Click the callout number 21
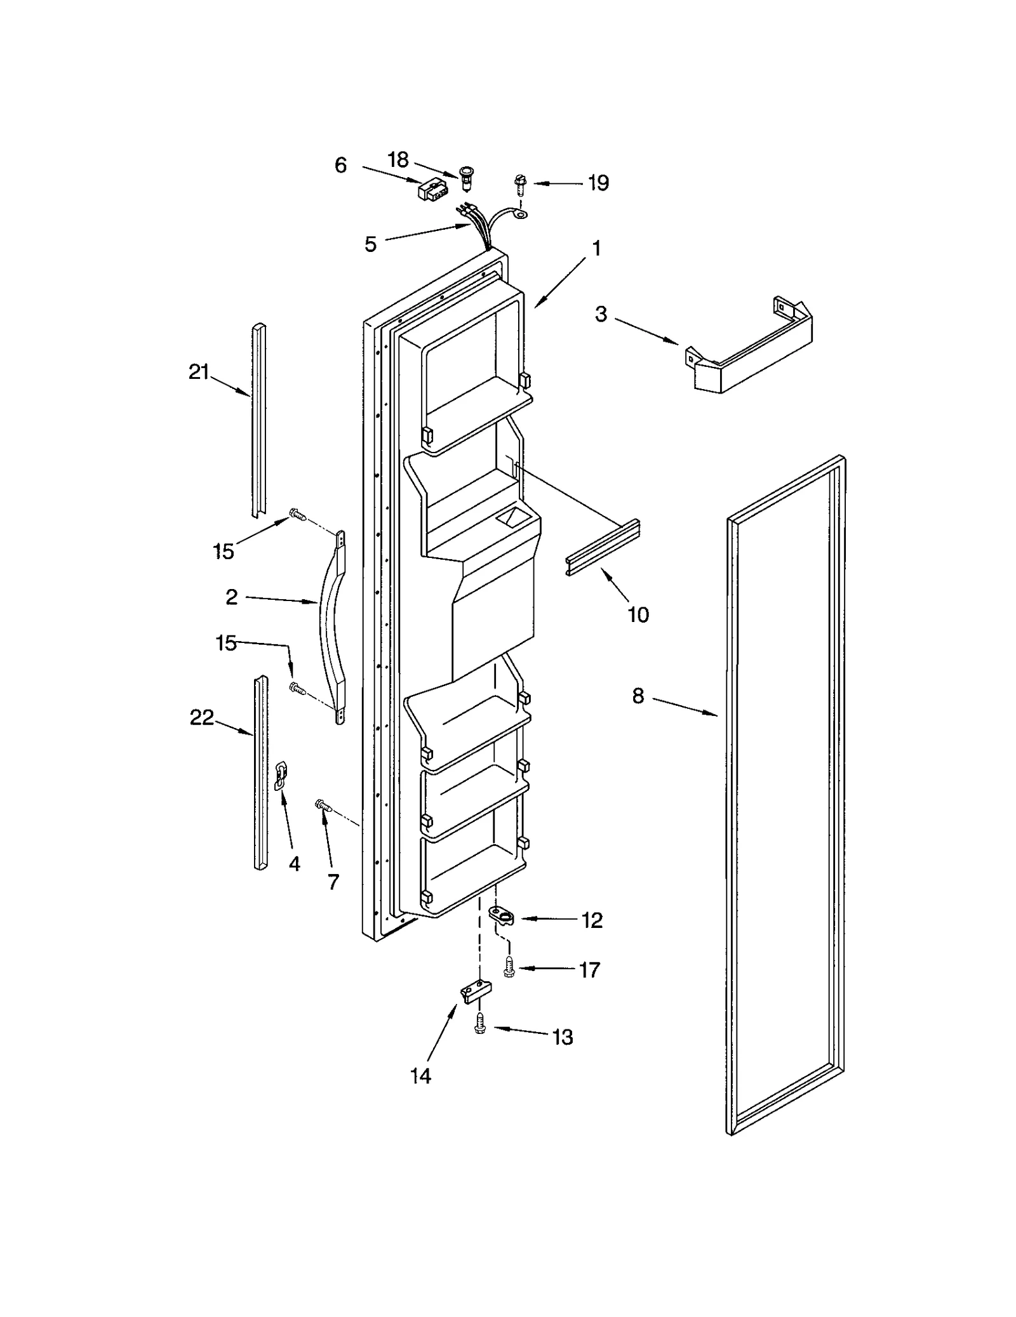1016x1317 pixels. (x=199, y=372)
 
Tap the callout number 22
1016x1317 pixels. (x=202, y=718)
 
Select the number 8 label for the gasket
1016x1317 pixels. (x=638, y=696)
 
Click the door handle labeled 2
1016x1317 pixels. (x=331, y=625)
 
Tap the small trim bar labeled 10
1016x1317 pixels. (x=602, y=548)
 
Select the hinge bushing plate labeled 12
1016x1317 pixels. (x=504, y=916)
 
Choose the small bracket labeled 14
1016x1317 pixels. (x=476, y=991)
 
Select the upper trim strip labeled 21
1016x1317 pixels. (x=259, y=419)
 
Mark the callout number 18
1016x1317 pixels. (x=398, y=159)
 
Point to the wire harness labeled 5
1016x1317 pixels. (x=478, y=227)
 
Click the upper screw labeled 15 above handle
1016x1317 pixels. (x=297, y=514)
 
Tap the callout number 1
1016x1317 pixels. (x=596, y=249)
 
